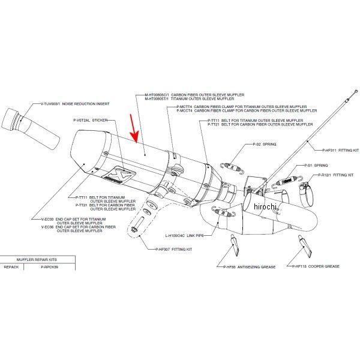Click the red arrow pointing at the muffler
tap(134, 131)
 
